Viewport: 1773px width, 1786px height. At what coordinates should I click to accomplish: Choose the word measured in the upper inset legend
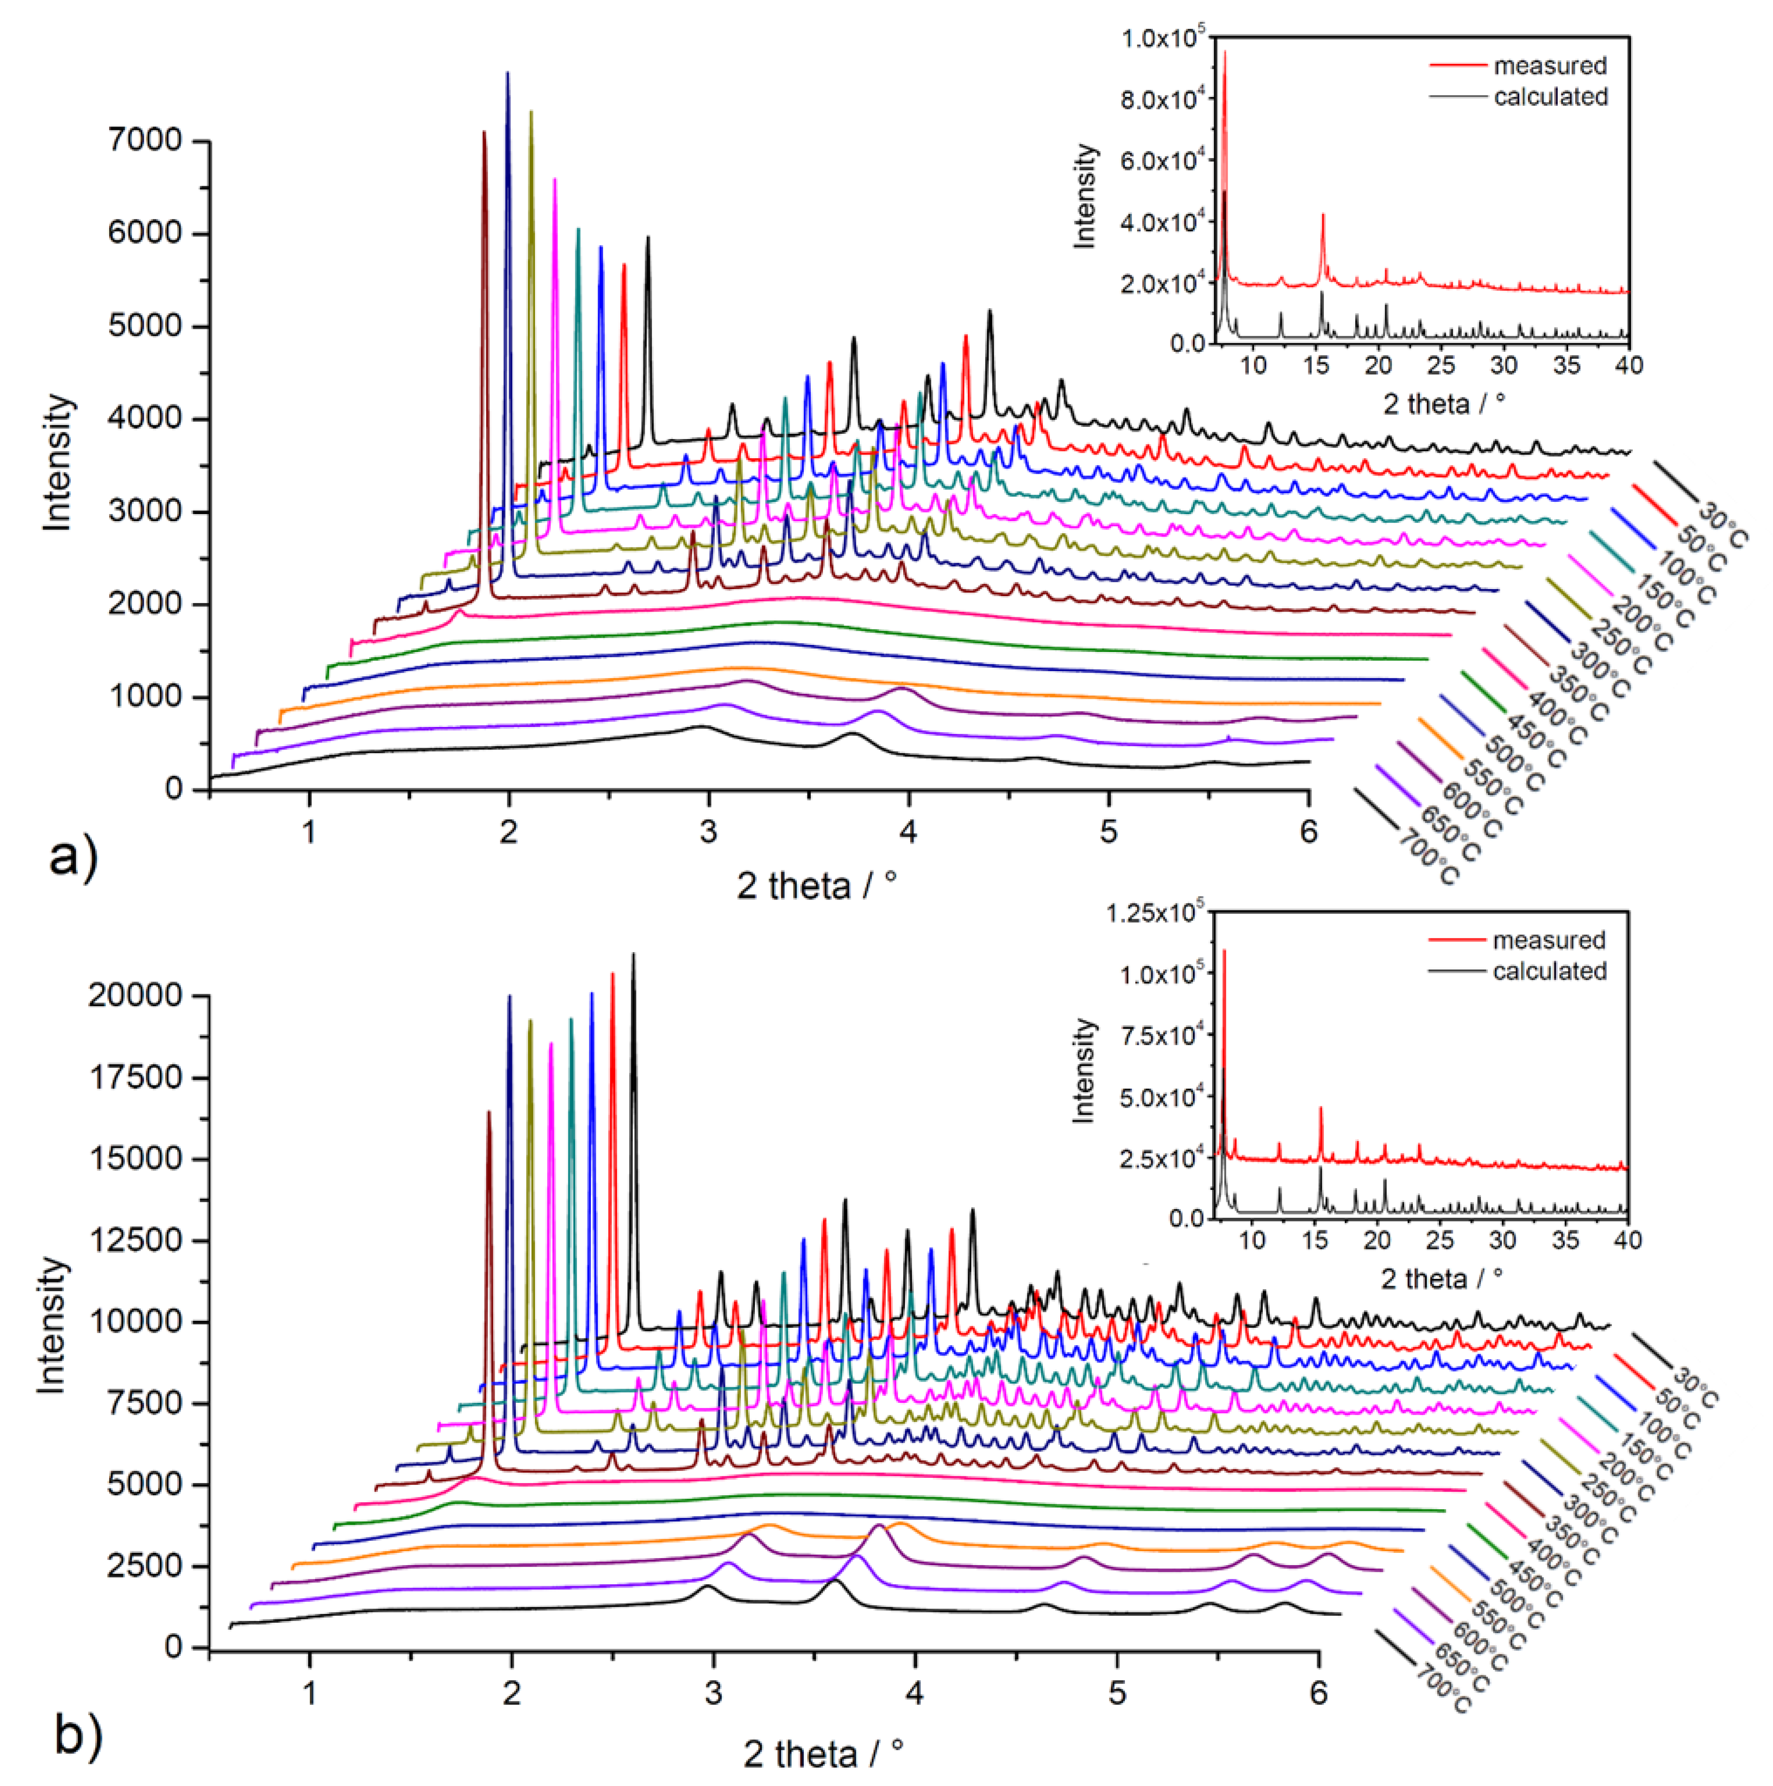(x=1550, y=66)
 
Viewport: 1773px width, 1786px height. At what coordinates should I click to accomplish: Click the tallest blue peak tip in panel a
(x=506, y=73)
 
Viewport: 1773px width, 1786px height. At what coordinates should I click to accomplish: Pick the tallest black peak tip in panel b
(x=633, y=954)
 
